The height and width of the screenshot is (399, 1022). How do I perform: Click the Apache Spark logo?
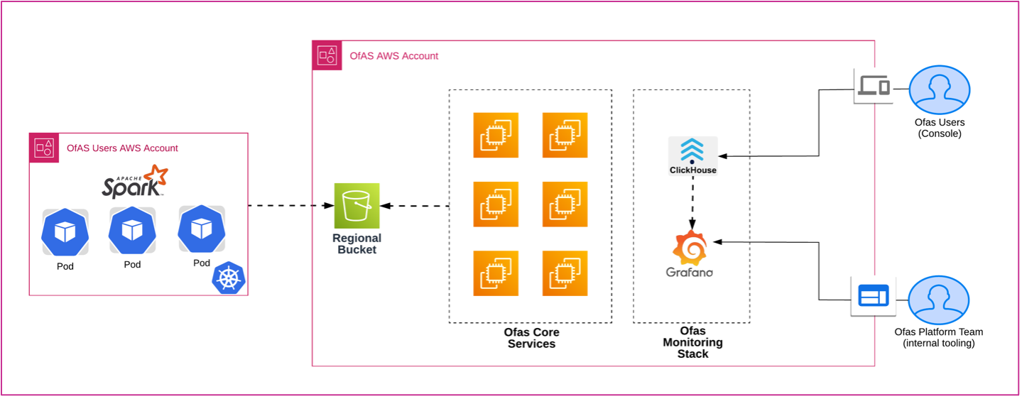coord(134,182)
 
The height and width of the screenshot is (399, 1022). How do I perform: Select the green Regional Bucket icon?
coord(357,205)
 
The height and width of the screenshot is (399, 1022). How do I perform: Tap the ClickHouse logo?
coord(692,155)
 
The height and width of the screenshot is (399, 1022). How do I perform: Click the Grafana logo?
coord(690,253)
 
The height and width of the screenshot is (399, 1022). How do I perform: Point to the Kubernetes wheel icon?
coord(228,278)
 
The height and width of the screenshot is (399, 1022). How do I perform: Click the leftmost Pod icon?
coord(65,232)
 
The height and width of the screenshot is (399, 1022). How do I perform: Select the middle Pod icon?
coord(132,230)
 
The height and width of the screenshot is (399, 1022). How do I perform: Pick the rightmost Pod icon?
coord(202,229)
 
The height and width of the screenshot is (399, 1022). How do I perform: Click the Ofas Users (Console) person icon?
coord(939,90)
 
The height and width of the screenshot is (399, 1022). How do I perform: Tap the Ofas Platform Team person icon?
coord(938,300)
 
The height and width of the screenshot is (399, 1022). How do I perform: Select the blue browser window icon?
coord(873,295)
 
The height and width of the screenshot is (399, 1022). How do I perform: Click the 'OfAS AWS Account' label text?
coord(394,55)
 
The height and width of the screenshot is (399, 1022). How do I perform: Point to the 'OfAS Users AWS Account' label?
coord(122,148)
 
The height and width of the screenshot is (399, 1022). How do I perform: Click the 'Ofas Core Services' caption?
coord(531,338)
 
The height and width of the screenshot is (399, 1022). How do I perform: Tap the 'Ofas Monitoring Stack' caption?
coord(692,342)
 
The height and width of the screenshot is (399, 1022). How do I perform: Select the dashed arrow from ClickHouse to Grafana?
coord(692,202)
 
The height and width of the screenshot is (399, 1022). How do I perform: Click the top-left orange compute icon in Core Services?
coord(496,135)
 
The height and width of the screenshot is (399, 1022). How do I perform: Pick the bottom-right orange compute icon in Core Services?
coord(565,273)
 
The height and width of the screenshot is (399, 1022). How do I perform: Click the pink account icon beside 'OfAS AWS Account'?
coord(327,55)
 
